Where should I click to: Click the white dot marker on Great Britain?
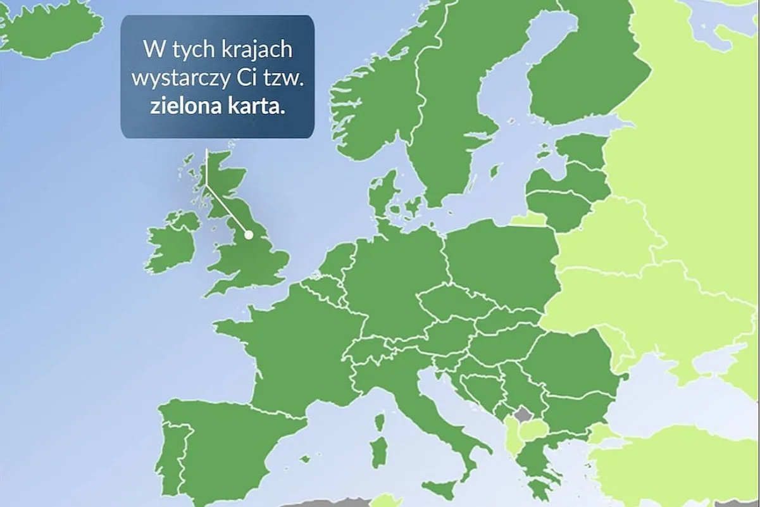pyautogui.click(x=249, y=234)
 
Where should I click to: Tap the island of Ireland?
pyautogui.click(x=172, y=241)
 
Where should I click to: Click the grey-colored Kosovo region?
pyautogui.click(x=524, y=415)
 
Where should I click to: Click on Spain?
pyautogui.click(x=228, y=443)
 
